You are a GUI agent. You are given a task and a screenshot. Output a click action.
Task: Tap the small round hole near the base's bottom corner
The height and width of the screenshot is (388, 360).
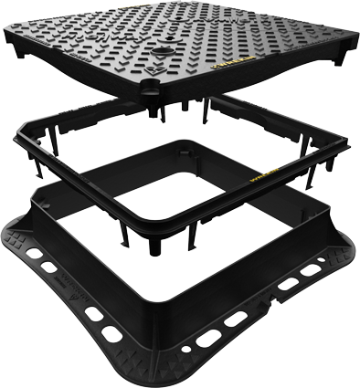(188, 351)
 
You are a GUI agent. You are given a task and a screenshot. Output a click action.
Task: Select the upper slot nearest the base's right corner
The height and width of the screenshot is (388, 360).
(312, 269)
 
